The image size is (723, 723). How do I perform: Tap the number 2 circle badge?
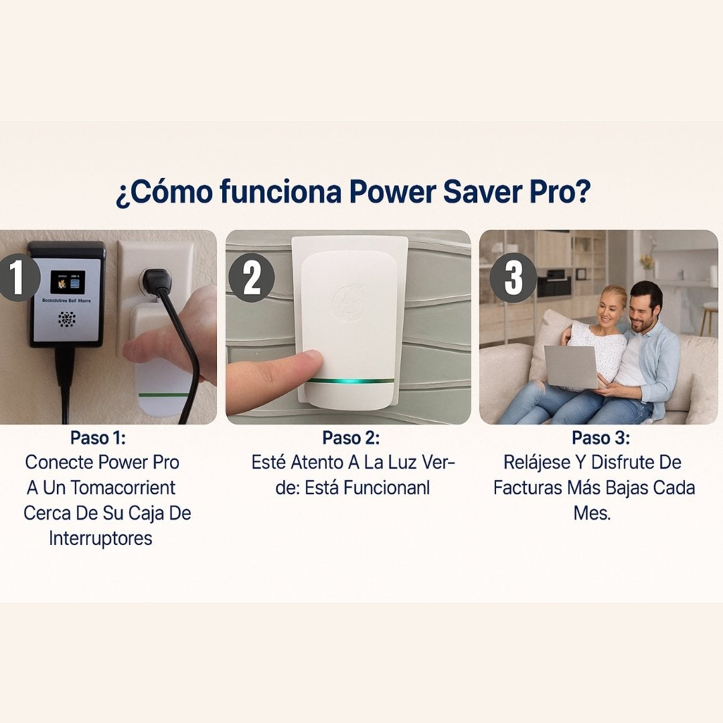coord(252,277)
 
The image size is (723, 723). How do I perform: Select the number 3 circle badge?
coord(513,277)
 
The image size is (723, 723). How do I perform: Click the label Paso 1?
coord(98,438)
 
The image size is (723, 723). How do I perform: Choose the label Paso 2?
coord(351,438)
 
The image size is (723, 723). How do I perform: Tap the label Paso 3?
coord(600,438)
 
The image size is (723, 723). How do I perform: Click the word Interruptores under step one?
coord(100,538)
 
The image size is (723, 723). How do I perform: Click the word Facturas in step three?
coord(526,487)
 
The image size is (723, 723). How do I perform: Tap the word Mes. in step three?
coord(592,513)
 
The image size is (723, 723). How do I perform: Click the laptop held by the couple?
coord(570,367)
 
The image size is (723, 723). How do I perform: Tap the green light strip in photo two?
coord(351,381)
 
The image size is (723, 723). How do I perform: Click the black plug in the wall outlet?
coord(157,282)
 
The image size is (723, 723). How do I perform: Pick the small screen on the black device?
coord(68,283)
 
